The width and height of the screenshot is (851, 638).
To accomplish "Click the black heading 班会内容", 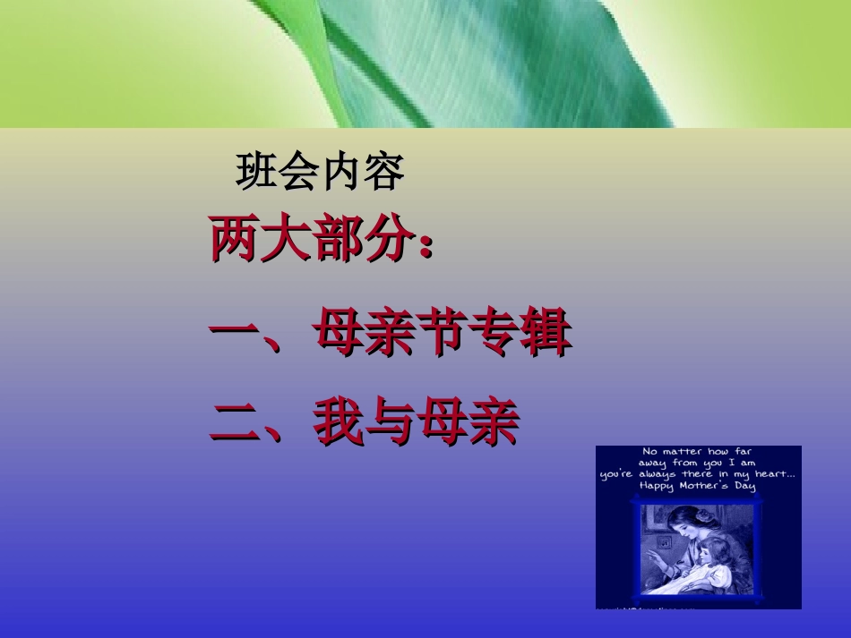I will (x=320, y=173).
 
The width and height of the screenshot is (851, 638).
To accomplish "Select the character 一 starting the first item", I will (x=235, y=335).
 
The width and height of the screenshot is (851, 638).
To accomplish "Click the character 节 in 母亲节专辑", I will (x=442, y=335).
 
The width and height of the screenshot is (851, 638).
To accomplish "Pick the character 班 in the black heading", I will (x=256, y=173).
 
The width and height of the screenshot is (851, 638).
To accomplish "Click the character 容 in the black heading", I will (x=384, y=173).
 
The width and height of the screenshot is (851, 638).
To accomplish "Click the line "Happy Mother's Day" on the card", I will (x=697, y=486).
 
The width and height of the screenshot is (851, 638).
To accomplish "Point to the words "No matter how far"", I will (x=697, y=452).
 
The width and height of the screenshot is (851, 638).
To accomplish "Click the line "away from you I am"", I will (x=697, y=463).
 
